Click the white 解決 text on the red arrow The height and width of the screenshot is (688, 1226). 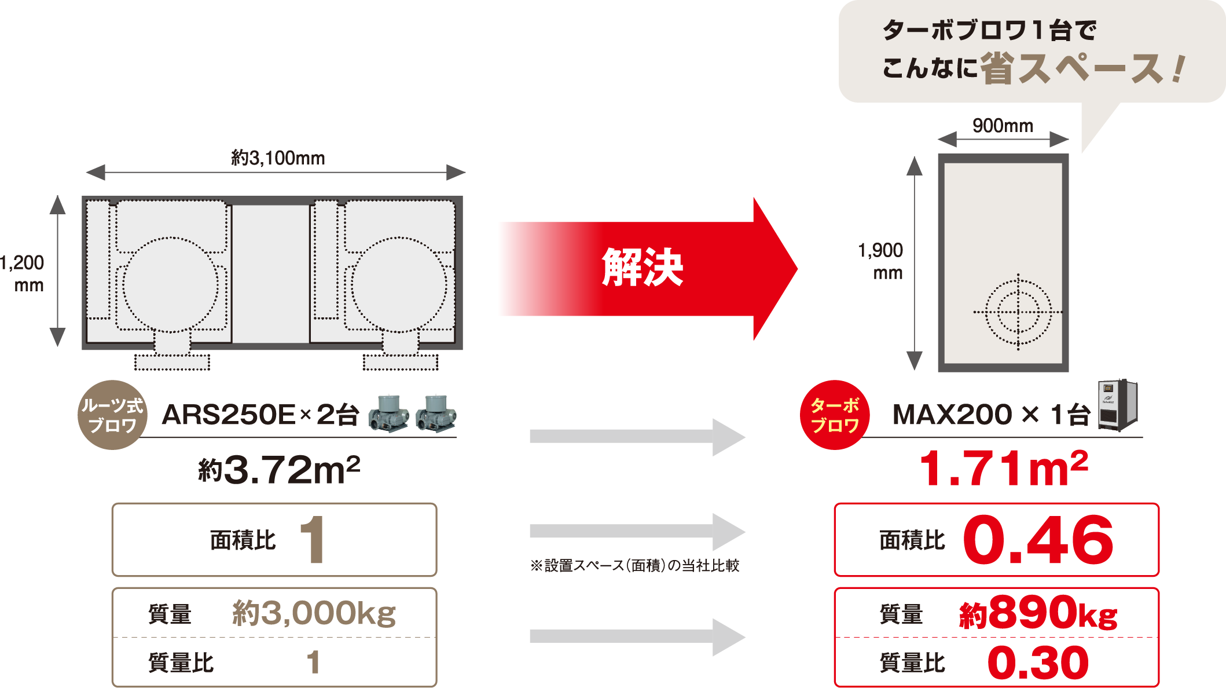(643, 268)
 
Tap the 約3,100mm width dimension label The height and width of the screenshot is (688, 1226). (278, 158)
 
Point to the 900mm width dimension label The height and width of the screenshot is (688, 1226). (1003, 125)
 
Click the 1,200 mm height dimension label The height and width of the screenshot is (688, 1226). (23, 273)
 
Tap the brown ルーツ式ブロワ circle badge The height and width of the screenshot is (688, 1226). (112, 415)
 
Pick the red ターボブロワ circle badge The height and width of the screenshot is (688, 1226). (835, 415)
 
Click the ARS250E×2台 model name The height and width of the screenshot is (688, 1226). (260, 415)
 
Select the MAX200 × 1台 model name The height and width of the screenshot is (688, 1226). (991, 415)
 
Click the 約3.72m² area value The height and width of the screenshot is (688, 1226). (279, 469)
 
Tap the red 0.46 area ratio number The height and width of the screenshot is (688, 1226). (1038, 540)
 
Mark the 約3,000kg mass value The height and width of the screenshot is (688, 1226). (314, 613)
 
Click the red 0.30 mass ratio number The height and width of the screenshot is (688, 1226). (1038, 663)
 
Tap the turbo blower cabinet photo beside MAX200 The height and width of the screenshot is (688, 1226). (1118, 405)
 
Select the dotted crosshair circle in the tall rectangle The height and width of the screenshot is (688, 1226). (1018, 312)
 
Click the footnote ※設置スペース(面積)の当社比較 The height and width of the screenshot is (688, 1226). (635, 566)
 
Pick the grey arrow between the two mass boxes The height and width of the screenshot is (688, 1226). (637, 637)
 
